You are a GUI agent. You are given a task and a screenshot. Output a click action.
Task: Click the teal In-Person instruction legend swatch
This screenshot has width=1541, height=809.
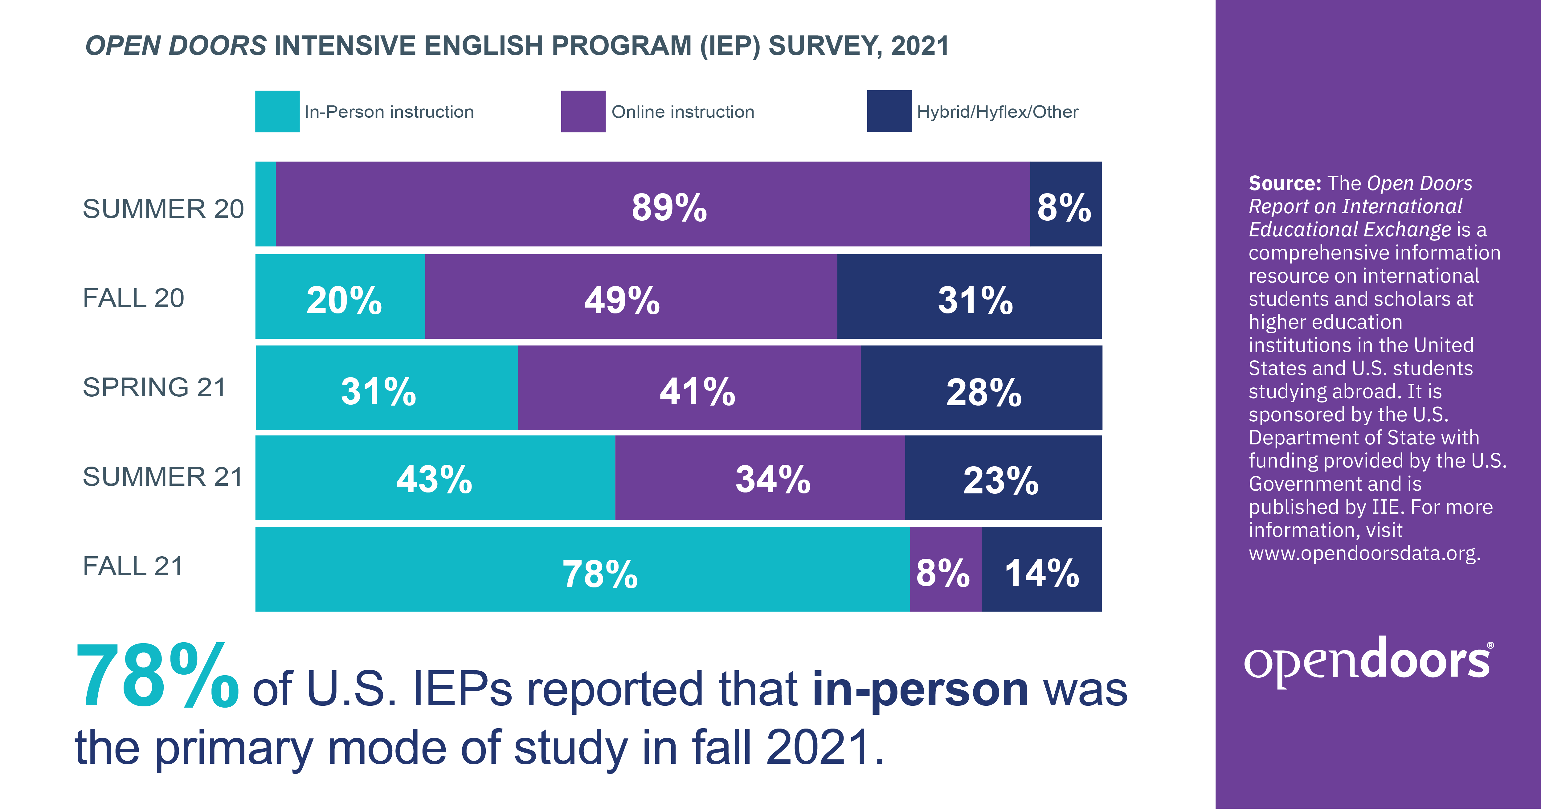point(277,111)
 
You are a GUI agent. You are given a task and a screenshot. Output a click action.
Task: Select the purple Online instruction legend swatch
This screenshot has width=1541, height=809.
point(583,111)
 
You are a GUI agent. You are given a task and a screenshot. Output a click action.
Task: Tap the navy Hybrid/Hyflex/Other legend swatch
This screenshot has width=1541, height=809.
point(889,111)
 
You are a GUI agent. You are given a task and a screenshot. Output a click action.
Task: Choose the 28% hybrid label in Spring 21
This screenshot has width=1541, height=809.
point(983,393)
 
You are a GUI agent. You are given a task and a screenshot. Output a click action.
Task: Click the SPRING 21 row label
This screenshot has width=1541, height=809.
point(154,387)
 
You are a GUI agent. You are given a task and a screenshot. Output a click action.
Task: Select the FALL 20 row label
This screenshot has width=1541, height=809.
point(133,298)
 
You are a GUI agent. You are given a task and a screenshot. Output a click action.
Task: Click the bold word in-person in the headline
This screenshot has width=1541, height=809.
point(920,689)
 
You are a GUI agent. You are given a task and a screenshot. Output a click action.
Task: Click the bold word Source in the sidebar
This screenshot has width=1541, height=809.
point(1284,183)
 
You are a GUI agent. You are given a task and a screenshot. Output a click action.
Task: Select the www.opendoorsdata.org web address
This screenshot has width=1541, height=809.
point(1364,553)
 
